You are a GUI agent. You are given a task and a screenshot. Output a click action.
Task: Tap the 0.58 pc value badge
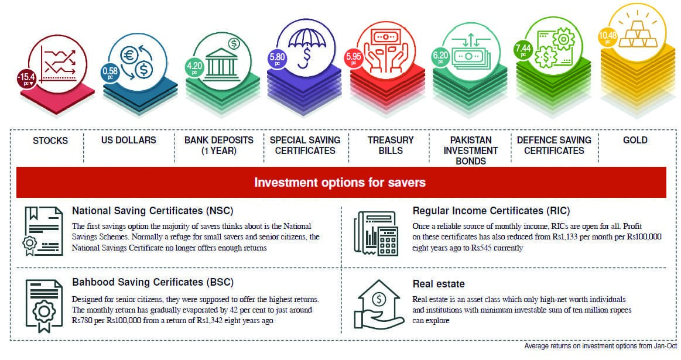point(109,72)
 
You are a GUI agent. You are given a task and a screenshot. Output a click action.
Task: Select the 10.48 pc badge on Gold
point(607,38)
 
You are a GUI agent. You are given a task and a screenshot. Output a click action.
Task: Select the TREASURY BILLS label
point(391,145)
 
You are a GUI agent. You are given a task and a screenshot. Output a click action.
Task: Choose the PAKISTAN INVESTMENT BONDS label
point(471,150)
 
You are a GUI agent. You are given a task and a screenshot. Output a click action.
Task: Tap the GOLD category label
point(635,140)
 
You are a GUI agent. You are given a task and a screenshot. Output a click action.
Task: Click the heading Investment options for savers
point(340,183)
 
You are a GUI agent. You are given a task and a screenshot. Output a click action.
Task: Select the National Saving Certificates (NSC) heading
point(152,211)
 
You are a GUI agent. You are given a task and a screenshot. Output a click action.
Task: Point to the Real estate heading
point(439,284)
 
